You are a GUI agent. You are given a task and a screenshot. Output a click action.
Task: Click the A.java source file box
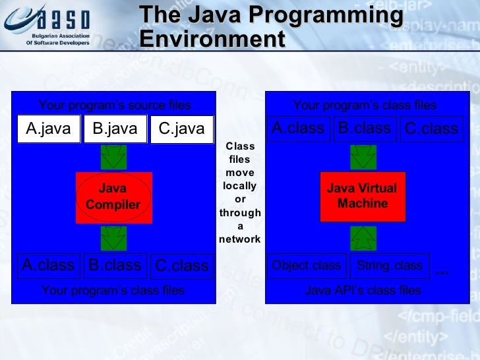tap(48, 129)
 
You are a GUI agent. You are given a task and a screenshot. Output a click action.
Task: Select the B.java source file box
tap(115, 129)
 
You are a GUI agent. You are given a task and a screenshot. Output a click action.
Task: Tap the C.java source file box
tap(182, 129)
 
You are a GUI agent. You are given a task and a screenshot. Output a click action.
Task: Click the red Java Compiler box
tap(113, 197)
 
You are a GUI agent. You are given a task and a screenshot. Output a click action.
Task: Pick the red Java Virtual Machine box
tap(363, 196)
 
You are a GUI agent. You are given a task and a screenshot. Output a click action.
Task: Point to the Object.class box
tap(306, 266)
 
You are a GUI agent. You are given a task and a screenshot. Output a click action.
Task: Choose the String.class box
tap(389, 266)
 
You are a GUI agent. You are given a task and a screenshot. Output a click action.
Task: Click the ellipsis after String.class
tap(442, 270)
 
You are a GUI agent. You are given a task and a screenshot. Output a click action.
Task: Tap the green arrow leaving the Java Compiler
tap(113, 237)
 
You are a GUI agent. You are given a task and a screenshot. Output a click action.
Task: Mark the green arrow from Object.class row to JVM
tap(363, 237)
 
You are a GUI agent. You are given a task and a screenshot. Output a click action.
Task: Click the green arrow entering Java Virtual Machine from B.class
tap(363, 158)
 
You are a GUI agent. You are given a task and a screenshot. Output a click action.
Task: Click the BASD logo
tap(45, 26)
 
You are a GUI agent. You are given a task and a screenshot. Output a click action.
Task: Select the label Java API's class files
tap(363, 290)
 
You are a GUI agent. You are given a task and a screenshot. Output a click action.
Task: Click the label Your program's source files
tap(114, 105)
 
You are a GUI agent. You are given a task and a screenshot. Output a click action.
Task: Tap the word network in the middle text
tap(239, 239)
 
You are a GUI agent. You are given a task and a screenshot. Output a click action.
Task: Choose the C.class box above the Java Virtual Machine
tap(431, 129)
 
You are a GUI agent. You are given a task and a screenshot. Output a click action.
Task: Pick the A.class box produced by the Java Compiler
tap(48, 266)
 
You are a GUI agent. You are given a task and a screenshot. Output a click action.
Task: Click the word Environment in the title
tap(212, 40)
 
